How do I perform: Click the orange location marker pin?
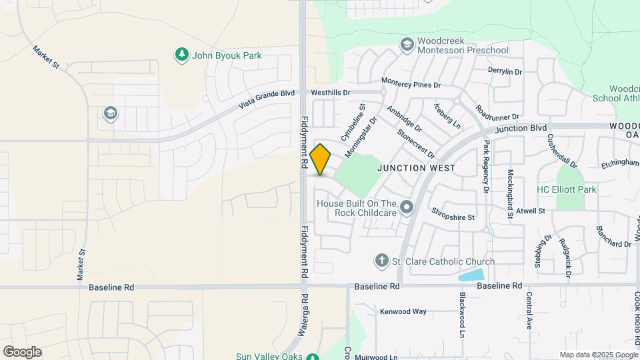pos(321,159)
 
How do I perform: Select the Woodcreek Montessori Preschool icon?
pos(407,45)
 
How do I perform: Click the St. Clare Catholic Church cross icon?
pos(382,261)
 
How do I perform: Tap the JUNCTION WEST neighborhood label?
pos(416,168)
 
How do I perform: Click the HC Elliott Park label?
pos(567,190)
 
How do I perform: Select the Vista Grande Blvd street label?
pos(267,101)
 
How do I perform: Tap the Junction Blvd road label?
pos(521,127)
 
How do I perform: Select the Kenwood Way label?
pos(403,311)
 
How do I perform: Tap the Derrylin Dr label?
pos(505,71)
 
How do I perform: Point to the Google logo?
pos(22,351)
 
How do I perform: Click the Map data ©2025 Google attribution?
pos(598,355)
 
